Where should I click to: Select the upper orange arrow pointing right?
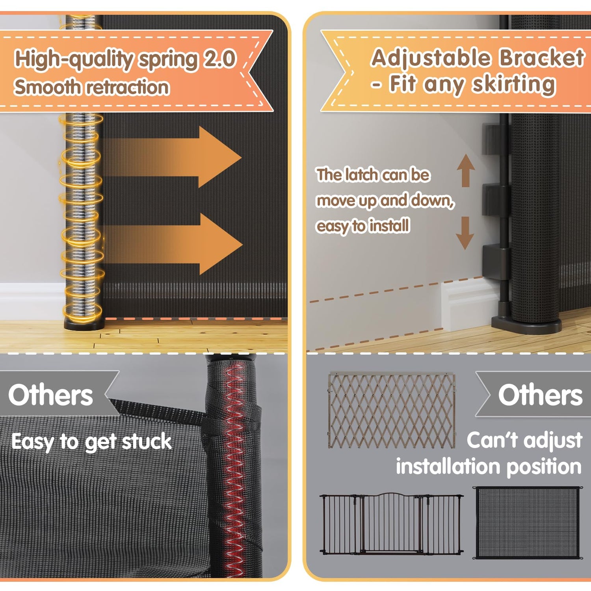pos(171,157)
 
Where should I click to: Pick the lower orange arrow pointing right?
pos(172,244)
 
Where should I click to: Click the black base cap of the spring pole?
pos(84,324)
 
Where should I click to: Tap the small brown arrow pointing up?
pos(466,170)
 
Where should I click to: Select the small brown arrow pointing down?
pos(465,232)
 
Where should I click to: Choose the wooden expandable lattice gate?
pos(392,410)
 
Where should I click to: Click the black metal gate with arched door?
pos(392,523)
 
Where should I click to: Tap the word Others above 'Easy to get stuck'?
pos(50,395)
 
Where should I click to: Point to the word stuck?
pos(147,442)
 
